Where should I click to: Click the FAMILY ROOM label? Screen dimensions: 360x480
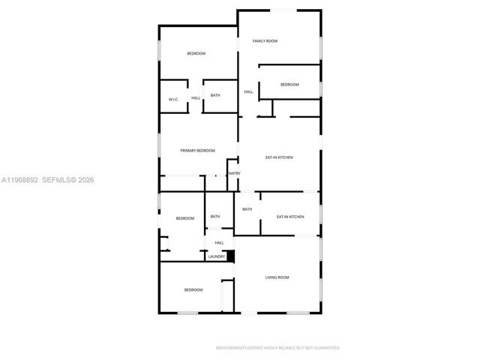coord(265,41)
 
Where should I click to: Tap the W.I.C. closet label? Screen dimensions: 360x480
coord(172,99)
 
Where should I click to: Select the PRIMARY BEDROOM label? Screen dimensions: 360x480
coord(198,151)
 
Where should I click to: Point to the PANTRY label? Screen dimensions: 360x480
coord(234,173)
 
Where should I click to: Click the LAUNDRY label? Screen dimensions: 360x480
coord(217,256)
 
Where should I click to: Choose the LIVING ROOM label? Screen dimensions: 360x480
coord(277,277)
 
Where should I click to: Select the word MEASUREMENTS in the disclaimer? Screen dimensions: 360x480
coord(234,348)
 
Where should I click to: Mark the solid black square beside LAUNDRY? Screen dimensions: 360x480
coord(231,256)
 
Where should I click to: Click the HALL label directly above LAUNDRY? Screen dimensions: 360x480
coord(219,242)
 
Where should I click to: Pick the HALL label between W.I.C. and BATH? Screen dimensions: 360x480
coord(195,98)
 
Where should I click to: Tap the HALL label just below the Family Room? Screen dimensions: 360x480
coord(248,92)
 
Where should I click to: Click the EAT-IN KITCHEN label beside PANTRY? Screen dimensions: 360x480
coord(279,157)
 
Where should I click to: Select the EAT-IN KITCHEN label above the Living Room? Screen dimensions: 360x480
coord(290,217)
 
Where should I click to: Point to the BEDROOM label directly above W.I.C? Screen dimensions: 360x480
coord(196,53)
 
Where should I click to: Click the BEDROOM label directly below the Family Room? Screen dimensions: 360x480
coord(289,85)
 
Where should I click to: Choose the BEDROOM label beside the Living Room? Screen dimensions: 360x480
coord(193,289)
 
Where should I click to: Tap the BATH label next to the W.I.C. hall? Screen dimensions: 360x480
coord(215,95)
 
